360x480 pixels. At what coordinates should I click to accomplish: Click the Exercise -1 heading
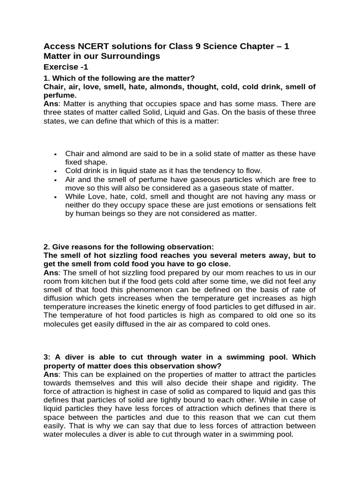(x=66, y=67)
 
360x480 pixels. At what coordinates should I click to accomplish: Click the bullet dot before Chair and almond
(x=56, y=154)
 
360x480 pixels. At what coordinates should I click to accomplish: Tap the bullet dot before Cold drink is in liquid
(x=56, y=171)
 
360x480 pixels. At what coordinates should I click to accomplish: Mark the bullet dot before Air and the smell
(x=56, y=180)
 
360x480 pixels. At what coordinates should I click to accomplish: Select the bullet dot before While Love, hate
(x=56, y=197)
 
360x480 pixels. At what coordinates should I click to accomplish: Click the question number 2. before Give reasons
(x=46, y=247)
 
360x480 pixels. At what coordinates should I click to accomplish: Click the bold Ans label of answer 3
(x=51, y=366)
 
